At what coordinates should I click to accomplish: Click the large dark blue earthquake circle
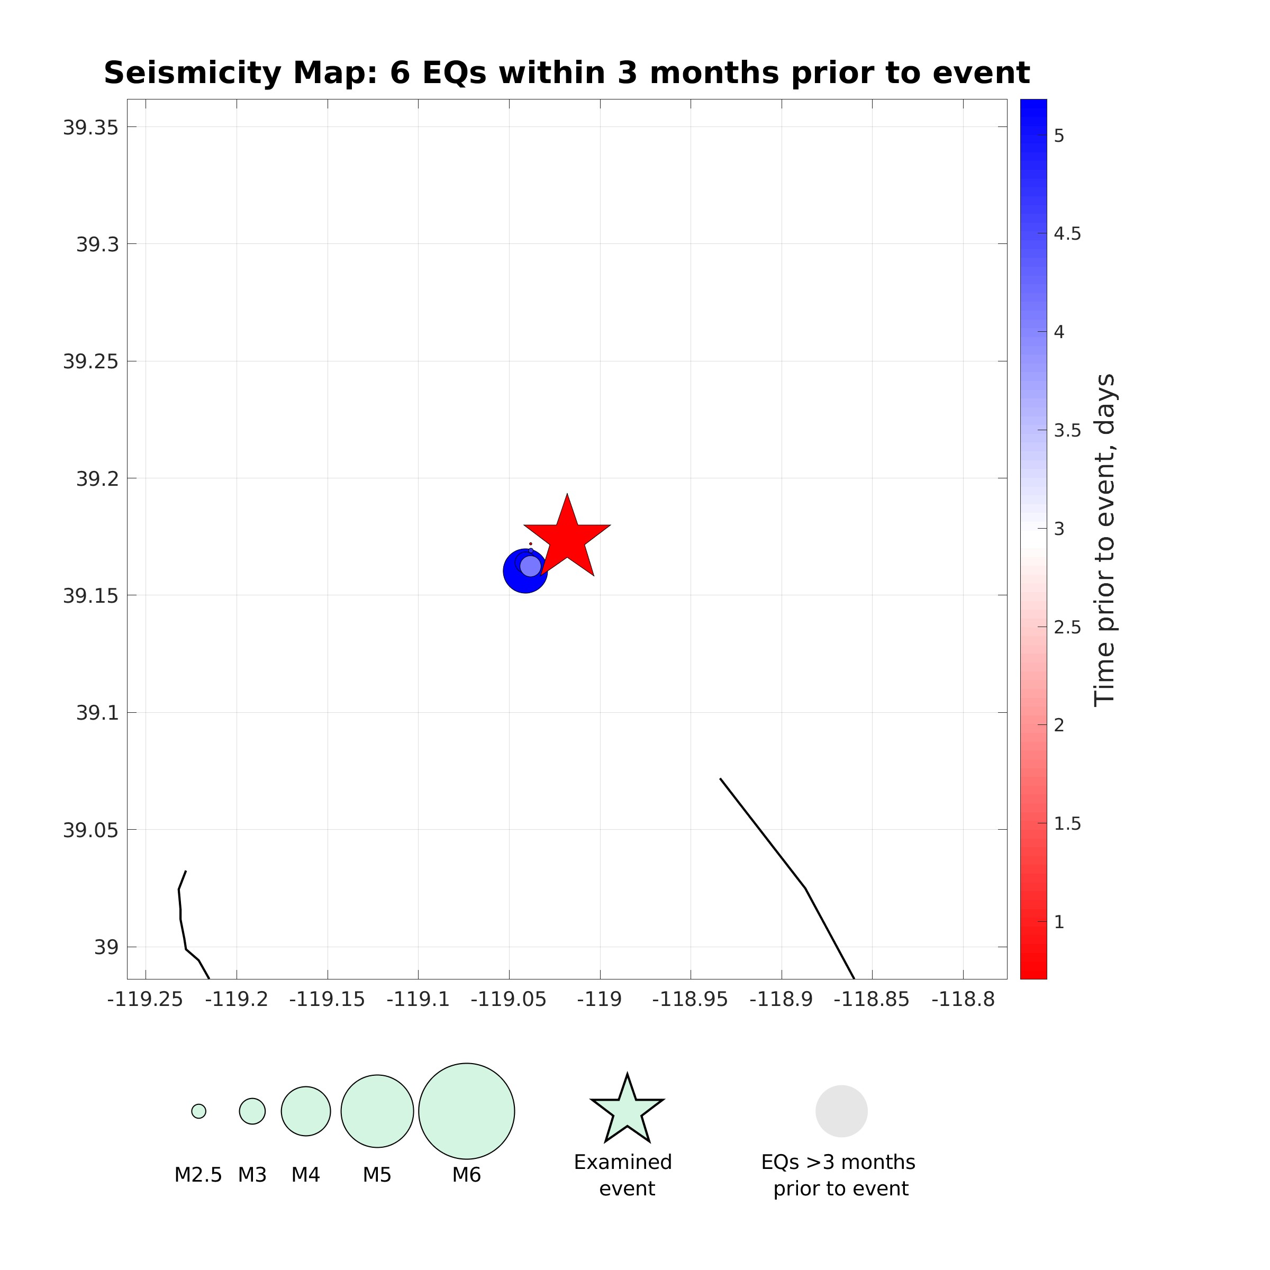point(516,578)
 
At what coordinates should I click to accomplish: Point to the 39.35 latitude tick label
point(90,128)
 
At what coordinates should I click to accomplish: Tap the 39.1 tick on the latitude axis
point(97,713)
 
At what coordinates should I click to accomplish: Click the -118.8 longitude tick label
point(963,1000)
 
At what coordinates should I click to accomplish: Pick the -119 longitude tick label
point(600,1000)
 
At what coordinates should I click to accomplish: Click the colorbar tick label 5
point(1058,136)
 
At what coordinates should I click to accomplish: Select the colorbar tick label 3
point(1058,529)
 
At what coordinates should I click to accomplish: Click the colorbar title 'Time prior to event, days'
point(1104,539)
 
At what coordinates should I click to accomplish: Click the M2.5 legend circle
point(198,1111)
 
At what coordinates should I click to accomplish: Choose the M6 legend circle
point(466,1111)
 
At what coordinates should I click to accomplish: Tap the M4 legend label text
point(306,1175)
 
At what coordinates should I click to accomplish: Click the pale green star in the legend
point(627,1111)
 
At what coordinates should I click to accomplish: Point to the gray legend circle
point(841,1111)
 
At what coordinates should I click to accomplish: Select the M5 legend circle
point(377,1111)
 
